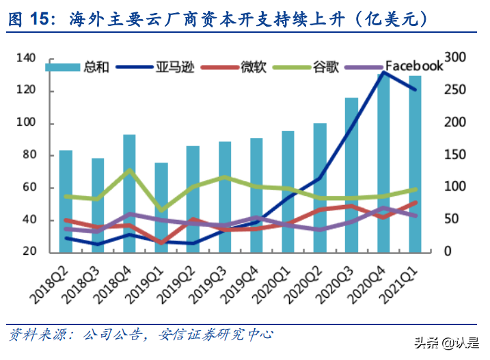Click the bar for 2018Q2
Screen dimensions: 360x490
point(66,201)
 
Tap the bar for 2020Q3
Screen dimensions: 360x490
point(352,174)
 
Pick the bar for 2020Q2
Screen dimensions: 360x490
point(320,187)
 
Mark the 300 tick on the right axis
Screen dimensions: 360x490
point(453,59)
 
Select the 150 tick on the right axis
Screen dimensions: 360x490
point(453,155)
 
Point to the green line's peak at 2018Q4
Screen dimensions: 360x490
point(129,170)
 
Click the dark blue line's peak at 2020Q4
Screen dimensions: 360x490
point(383,73)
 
